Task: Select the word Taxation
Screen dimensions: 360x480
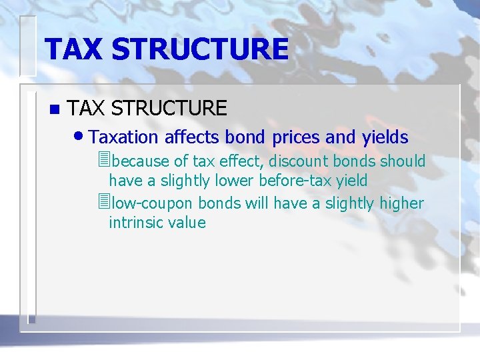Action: (123, 137)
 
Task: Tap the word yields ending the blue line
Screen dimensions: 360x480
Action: (385, 137)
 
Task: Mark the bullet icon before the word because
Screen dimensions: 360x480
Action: (102, 161)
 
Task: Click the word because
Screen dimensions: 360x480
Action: (141, 161)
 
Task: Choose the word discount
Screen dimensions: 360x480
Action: (299, 161)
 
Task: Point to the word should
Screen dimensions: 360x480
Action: (403, 161)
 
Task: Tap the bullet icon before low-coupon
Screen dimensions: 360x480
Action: (102, 202)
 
